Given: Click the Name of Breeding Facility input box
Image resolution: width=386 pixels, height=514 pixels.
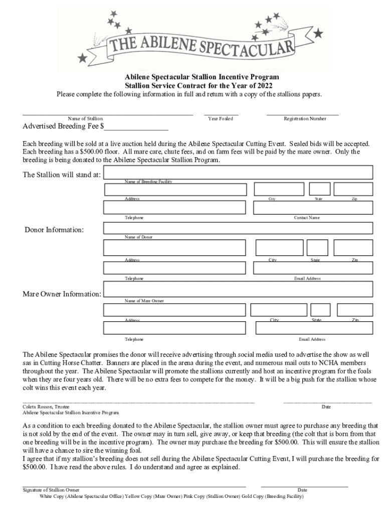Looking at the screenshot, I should [238, 172].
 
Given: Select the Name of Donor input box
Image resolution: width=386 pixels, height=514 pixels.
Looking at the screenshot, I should [238, 228].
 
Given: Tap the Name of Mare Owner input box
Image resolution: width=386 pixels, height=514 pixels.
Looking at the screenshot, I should [238, 289].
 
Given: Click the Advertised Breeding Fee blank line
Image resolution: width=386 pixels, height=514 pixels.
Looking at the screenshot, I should [136, 127].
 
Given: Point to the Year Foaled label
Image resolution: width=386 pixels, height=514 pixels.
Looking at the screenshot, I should [221, 119].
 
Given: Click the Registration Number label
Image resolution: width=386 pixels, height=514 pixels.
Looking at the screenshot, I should [305, 119].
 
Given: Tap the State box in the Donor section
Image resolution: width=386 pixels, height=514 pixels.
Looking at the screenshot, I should [317, 248].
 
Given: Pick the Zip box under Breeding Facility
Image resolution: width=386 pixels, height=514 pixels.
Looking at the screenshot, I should [353, 189].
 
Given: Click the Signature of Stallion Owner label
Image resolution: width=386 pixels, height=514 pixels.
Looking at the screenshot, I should [51, 490].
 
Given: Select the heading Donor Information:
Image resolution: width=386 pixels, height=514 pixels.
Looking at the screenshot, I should [55, 230].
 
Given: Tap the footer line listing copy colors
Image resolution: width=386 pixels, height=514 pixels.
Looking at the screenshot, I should [171, 497].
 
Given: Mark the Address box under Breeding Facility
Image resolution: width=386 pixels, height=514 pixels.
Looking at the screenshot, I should [175, 189].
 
